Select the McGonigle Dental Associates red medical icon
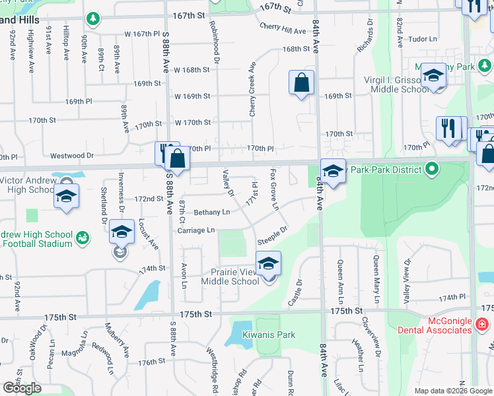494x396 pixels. tap(481, 325)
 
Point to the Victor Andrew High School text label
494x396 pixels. tap(26, 185)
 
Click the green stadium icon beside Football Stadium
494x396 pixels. tap(83, 237)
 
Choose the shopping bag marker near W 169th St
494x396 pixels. tap(301, 84)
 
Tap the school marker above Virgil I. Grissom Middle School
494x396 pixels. tap(433, 77)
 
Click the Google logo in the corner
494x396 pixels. tap(22, 388)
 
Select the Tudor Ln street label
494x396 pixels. tap(423, 39)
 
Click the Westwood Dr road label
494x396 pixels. tap(73, 156)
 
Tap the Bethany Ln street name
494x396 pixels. tap(212, 212)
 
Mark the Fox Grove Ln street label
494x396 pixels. tap(274, 189)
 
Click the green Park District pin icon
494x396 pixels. tap(432, 169)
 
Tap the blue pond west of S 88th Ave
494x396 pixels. tap(149, 295)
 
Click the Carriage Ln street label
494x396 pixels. tap(195, 230)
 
